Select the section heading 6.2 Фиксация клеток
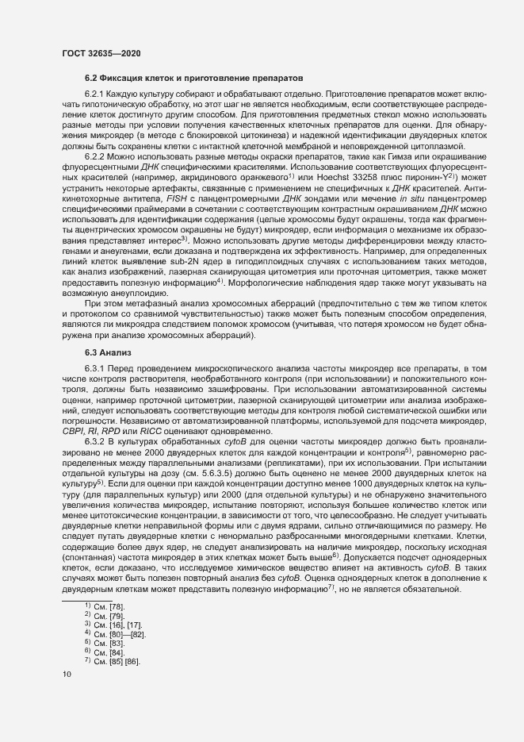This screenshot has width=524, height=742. pyautogui.click(x=193, y=80)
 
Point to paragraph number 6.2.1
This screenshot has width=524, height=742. pyautogui.click(x=97, y=95)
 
